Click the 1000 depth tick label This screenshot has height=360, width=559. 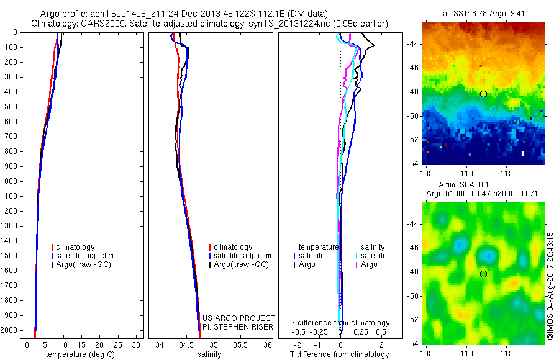pyautogui.click(x=10, y=181)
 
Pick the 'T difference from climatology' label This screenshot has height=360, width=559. pyautogui.click(x=340, y=354)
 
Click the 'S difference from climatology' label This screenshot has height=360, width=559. pyautogui.click(x=340, y=323)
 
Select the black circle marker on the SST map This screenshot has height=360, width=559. pyautogui.click(x=483, y=94)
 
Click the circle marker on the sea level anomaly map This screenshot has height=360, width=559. pyautogui.click(x=483, y=274)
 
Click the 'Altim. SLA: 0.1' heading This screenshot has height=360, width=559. pyautogui.click(x=483, y=186)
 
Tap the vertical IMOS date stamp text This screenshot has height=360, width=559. pyautogui.click(x=550, y=286)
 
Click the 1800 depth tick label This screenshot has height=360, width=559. pyautogui.click(x=10, y=300)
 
